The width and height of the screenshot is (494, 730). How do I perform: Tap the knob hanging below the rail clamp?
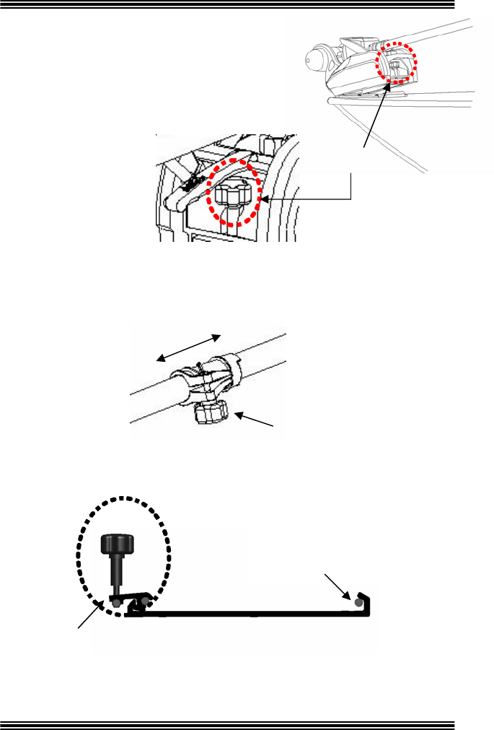coord(211,414)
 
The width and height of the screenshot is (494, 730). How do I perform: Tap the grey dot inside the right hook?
coord(358,601)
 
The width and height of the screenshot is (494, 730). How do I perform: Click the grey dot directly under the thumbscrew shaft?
coord(115,601)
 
